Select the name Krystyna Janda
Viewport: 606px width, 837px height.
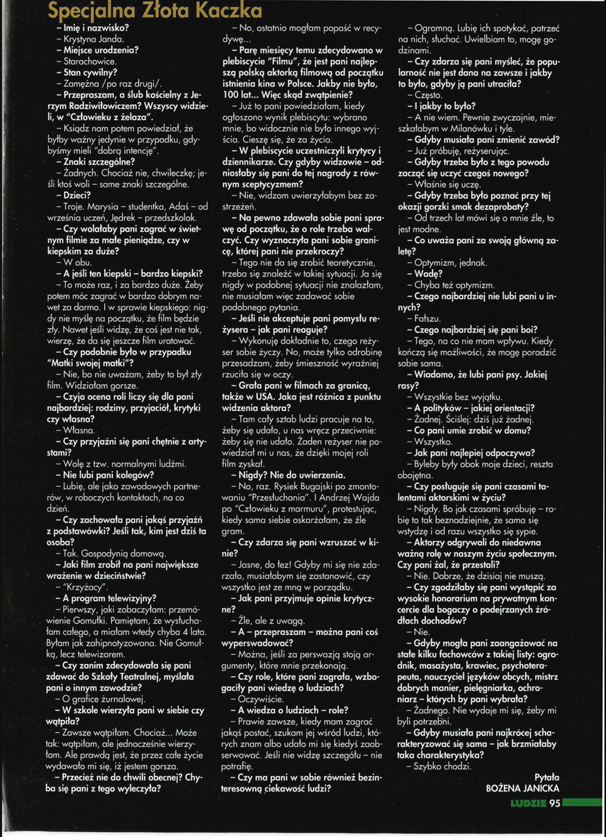[x=94, y=39]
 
